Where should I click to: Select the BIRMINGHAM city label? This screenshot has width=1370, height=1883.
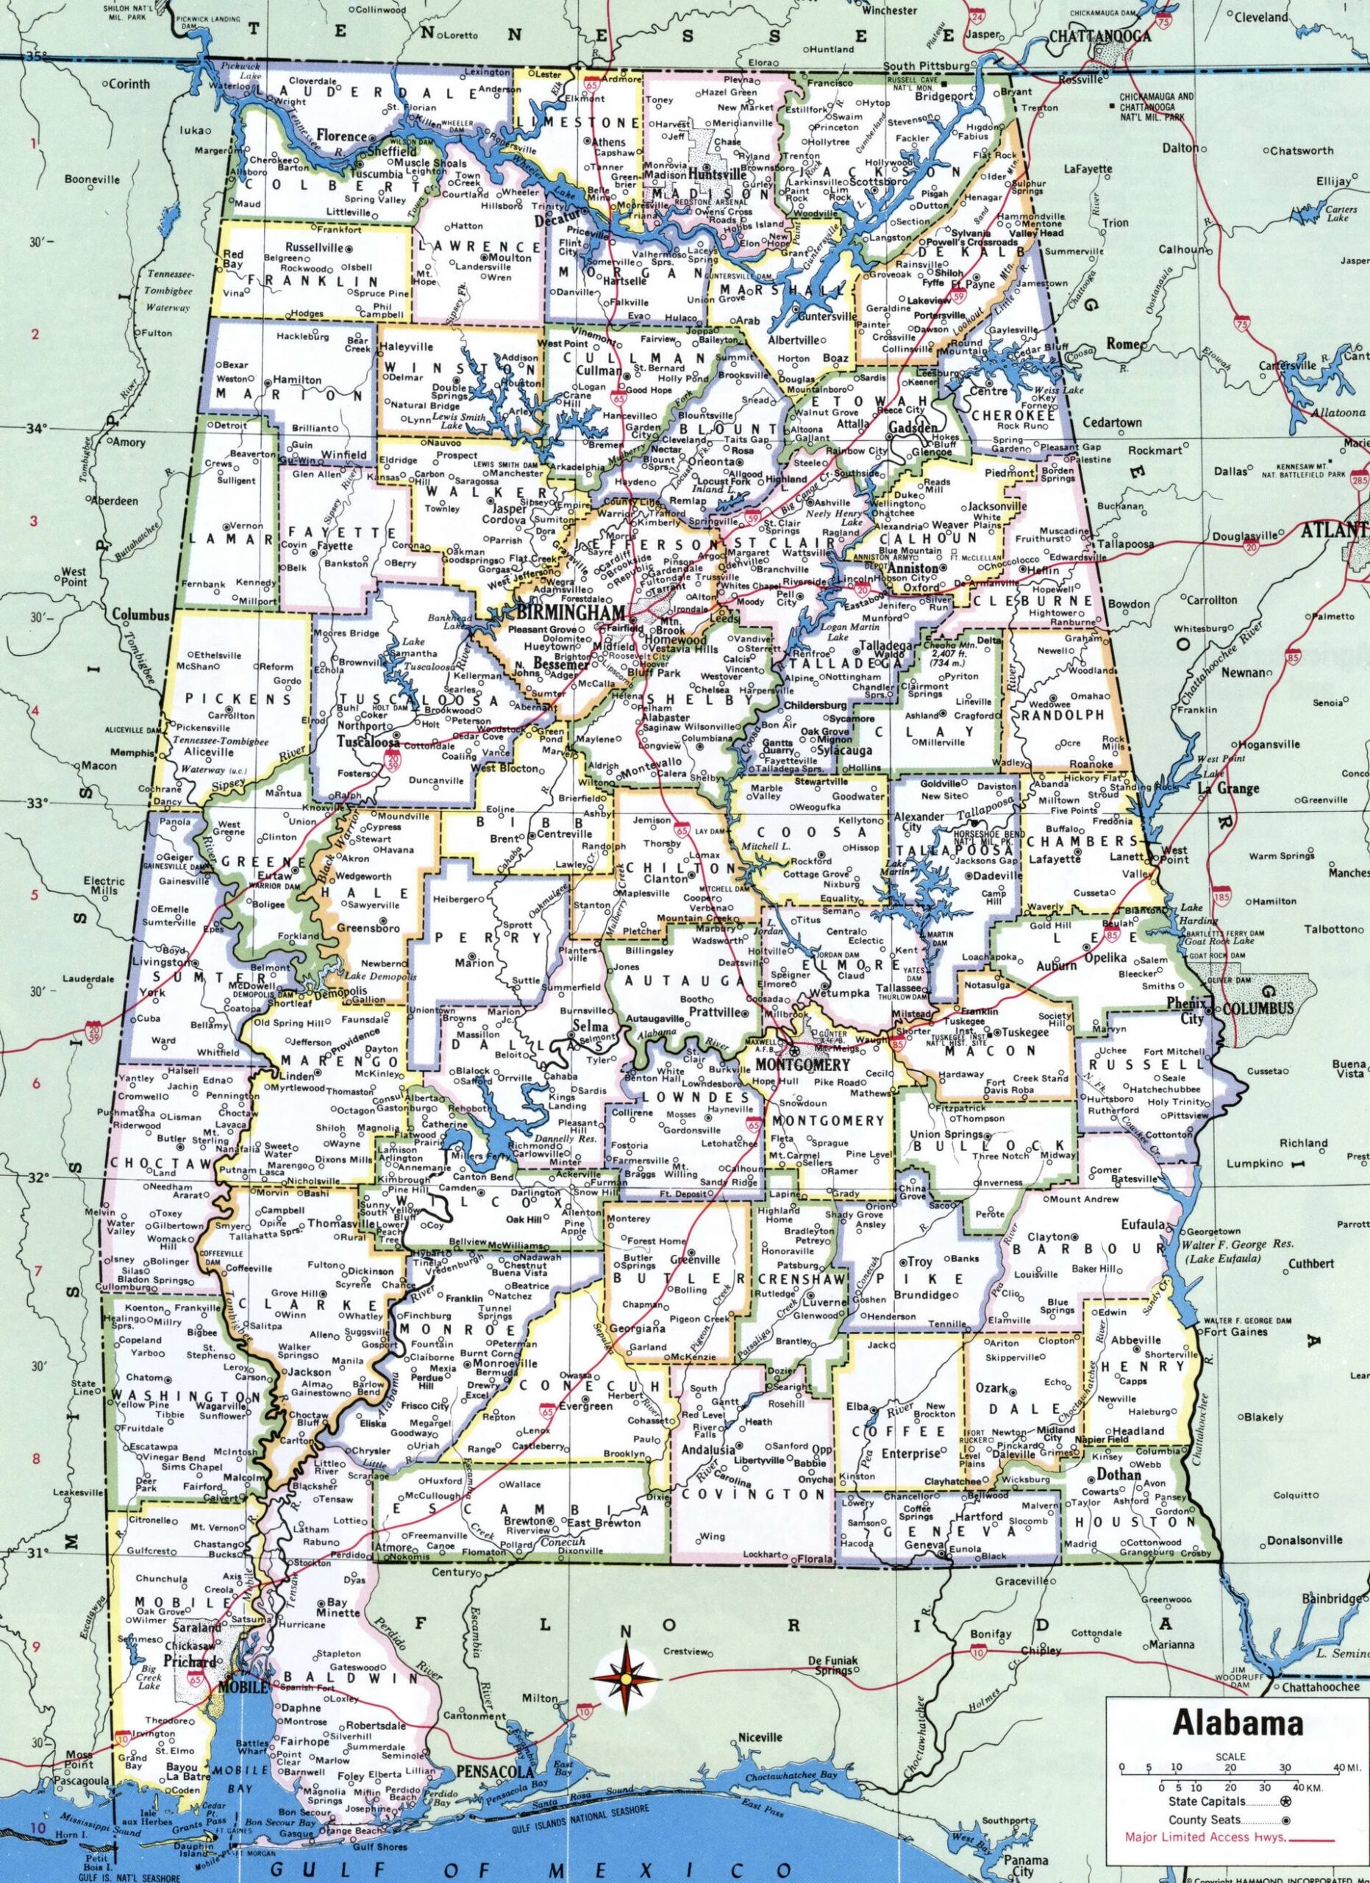(569, 611)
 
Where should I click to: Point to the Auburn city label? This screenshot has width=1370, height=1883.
(1056, 966)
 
